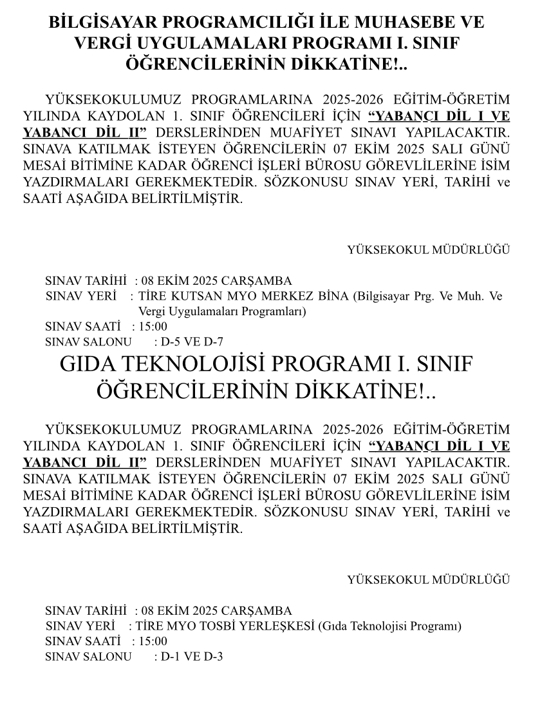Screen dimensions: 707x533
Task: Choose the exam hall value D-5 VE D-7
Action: [192, 342]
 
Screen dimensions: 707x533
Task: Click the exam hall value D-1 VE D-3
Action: [192, 657]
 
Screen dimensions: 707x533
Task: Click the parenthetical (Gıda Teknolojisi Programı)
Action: [391, 626]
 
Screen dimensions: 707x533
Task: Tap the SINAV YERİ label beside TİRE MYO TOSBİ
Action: [80, 626]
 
